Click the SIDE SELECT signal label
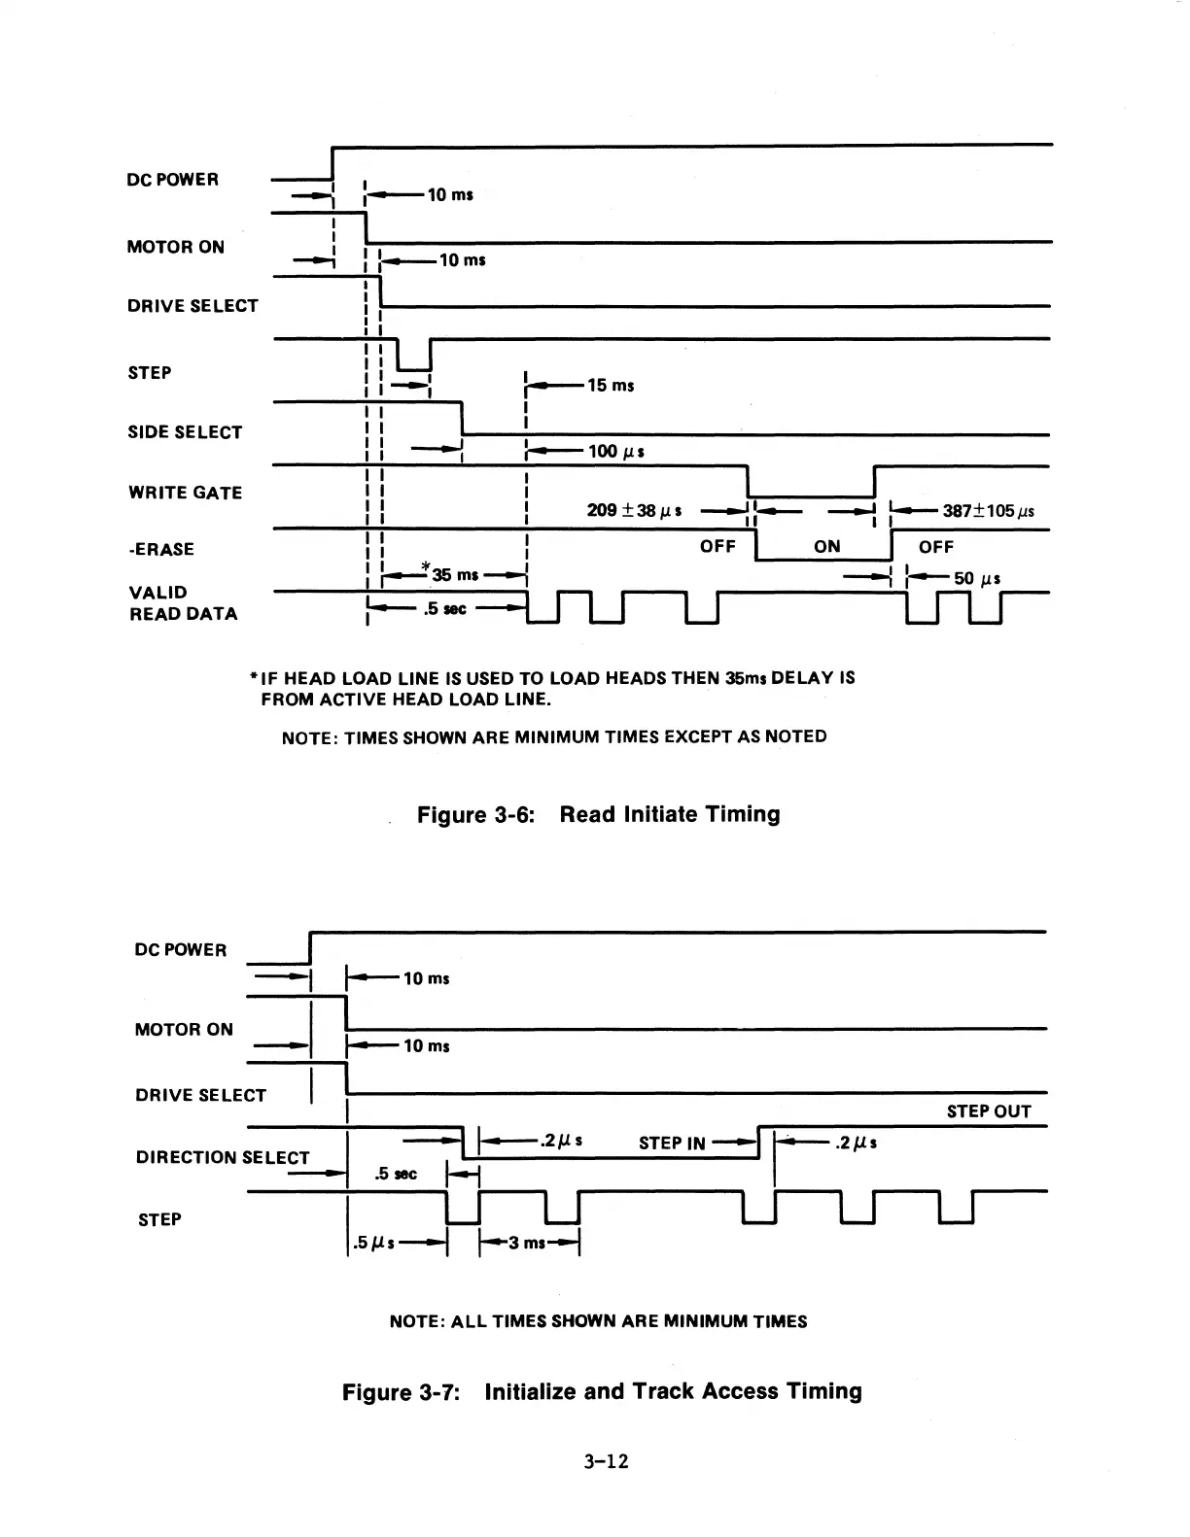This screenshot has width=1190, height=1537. pyautogui.click(x=185, y=432)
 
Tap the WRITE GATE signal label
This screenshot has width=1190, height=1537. pyautogui.click(x=185, y=493)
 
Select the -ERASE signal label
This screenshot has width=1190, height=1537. pyautogui.click(x=161, y=550)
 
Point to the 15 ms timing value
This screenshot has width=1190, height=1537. pyautogui.click(x=611, y=386)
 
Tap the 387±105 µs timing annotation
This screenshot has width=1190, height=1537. pyautogui.click(x=988, y=512)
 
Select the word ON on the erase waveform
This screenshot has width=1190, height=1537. pyautogui.click(x=827, y=547)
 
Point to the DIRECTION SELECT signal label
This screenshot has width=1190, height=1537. pyautogui.click(x=222, y=1157)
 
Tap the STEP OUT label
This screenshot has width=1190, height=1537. pyautogui.click(x=989, y=1111)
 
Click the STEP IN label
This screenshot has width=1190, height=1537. pyautogui.click(x=672, y=1144)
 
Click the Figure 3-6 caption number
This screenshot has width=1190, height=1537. pyautogui.click(x=476, y=814)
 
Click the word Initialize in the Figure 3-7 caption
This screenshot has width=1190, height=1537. pyautogui.click(x=531, y=1391)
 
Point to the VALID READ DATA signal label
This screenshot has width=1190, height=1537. pyautogui.click(x=183, y=603)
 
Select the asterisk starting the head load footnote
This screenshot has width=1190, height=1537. pyautogui.click(x=254, y=677)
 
